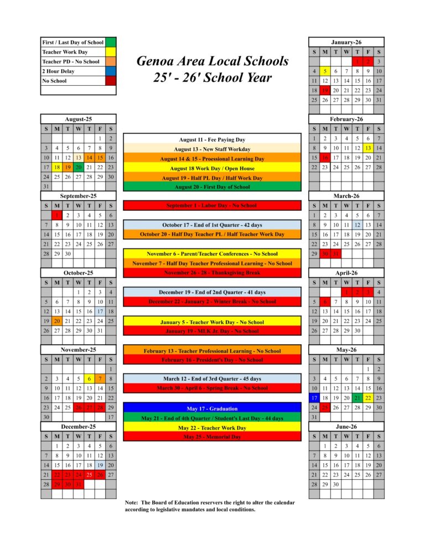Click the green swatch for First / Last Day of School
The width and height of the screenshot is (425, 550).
coord(111,42)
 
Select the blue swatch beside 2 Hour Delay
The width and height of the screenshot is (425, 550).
coord(111,71)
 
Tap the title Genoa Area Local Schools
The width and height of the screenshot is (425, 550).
coord(212,60)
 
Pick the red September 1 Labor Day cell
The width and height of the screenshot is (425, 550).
coord(56,215)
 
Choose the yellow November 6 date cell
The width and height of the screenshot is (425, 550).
coord(89,378)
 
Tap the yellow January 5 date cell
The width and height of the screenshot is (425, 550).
coord(326,71)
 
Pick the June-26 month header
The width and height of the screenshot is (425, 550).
coord(346,427)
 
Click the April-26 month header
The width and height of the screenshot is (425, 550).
coord(346,273)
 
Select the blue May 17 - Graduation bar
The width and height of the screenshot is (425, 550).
coord(212,408)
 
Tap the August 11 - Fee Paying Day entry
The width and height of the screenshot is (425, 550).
coord(212,139)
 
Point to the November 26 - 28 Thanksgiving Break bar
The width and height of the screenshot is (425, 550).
coord(212,273)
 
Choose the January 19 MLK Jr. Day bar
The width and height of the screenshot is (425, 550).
coord(212,331)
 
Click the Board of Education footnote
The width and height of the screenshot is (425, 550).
coord(210,506)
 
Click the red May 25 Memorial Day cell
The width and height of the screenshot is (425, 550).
coord(326,407)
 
